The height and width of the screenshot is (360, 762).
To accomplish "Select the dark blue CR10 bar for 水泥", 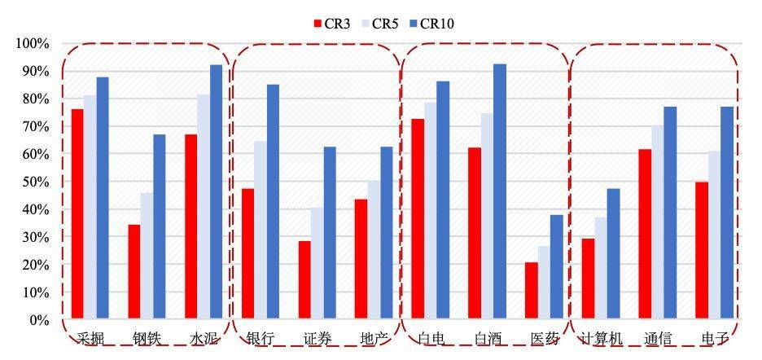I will click(216, 192).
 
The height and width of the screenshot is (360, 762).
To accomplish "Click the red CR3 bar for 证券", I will click(304, 279).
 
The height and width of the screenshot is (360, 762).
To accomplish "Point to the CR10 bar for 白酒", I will click(499, 191).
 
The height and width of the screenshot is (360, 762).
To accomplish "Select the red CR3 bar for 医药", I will click(531, 290).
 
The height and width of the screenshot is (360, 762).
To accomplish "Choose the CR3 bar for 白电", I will click(418, 218).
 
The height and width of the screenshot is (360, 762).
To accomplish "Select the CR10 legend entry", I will click(429, 24).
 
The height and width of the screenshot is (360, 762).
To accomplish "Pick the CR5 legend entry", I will click(379, 24).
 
